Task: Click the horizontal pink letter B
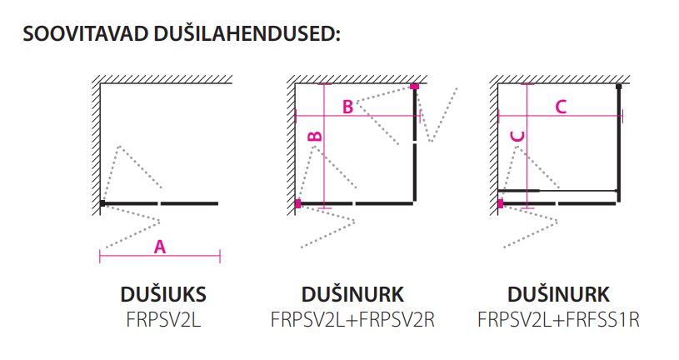347,107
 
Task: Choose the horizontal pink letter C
560,106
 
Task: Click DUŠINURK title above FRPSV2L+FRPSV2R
352,295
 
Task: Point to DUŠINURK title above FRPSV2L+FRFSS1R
558,295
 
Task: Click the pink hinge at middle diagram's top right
414,86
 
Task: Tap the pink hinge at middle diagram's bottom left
297,202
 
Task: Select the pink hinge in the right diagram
500,202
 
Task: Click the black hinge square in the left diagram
102,202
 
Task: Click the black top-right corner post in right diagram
618,86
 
